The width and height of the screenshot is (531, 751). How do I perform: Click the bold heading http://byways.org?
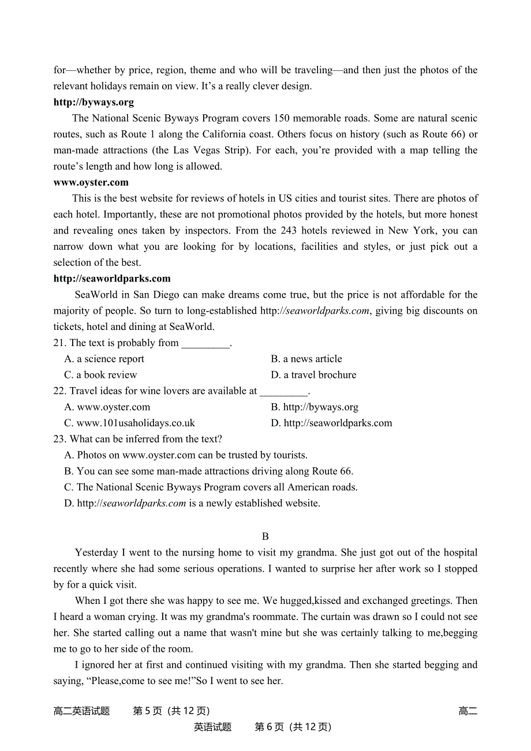click(x=94, y=102)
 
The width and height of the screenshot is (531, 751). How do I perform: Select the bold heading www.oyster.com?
click(x=91, y=182)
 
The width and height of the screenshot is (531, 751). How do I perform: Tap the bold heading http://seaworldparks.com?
click(x=112, y=279)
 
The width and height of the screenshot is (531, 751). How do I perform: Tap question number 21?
click(x=60, y=343)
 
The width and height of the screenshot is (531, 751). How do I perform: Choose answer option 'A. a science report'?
click(x=104, y=359)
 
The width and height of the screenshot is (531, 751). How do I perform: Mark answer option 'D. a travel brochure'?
click(x=313, y=375)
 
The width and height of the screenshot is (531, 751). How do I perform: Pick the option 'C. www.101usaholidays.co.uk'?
click(x=130, y=423)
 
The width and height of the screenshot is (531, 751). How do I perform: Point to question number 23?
click(x=60, y=440)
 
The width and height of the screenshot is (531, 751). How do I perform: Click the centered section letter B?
click(x=265, y=536)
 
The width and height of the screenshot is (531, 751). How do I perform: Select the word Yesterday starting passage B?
click(x=96, y=553)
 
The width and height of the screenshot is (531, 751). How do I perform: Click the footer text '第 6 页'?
click(x=269, y=727)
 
